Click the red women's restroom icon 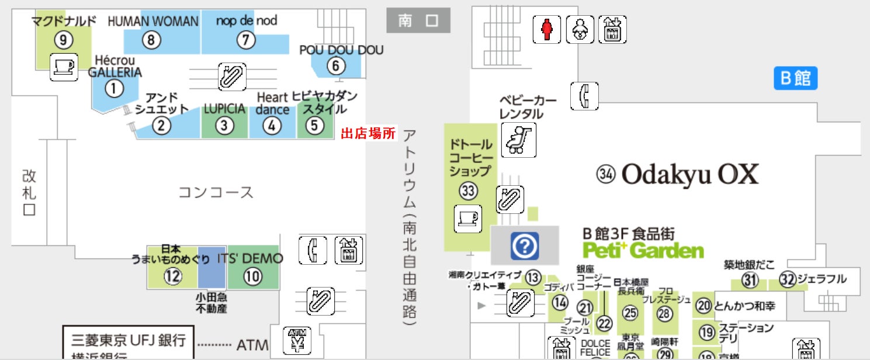point(547,29)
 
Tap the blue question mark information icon point(524,245)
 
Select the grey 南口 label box point(418,20)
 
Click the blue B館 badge point(795,78)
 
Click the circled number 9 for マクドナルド point(63,40)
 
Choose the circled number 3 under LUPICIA point(224,125)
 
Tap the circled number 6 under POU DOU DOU point(336,65)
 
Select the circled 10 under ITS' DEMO point(252,276)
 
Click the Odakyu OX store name point(689,174)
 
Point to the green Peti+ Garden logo point(643,251)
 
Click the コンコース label point(216,192)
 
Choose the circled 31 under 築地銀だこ point(750,281)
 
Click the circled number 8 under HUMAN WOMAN point(151,40)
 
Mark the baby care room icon point(580,29)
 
